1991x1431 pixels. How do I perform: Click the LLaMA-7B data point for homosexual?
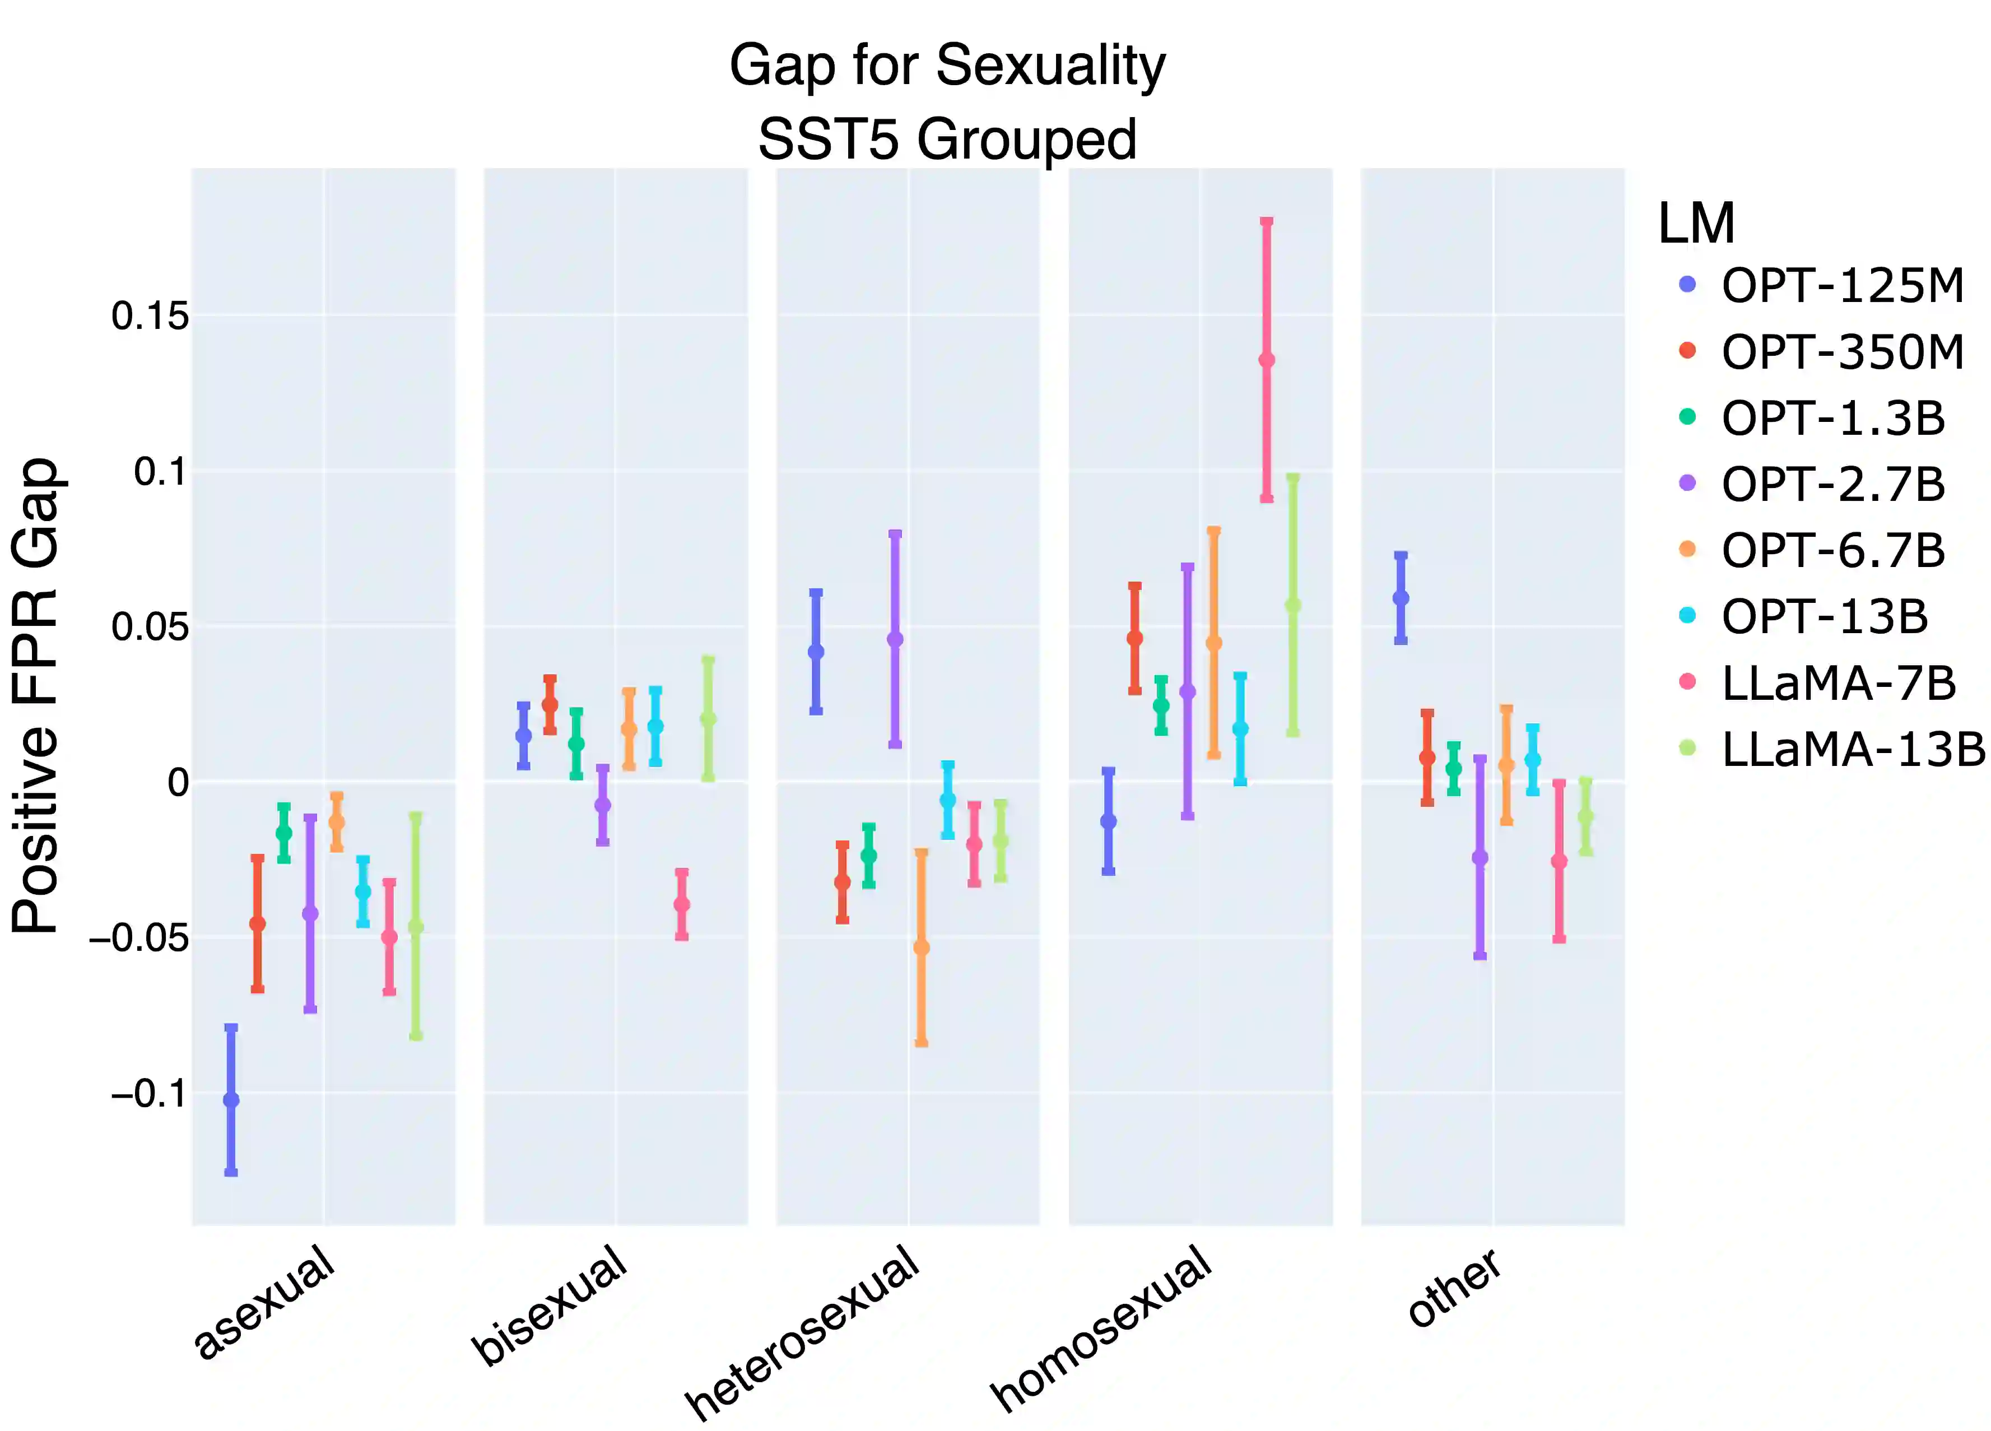point(1266,360)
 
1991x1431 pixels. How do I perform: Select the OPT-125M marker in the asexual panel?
point(231,1099)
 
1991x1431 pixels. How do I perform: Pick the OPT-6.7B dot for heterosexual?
point(921,947)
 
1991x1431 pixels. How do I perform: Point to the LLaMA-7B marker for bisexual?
point(681,904)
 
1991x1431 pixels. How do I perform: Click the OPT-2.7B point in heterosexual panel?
point(895,639)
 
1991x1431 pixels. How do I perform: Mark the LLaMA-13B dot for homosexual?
point(1292,606)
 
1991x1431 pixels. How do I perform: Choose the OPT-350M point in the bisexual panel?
point(550,704)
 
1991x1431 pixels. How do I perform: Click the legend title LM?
point(1696,224)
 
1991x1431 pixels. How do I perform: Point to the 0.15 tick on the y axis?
point(149,316)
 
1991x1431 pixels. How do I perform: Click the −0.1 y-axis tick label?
point(149,1094)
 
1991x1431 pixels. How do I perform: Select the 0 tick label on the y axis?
point(178,782)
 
